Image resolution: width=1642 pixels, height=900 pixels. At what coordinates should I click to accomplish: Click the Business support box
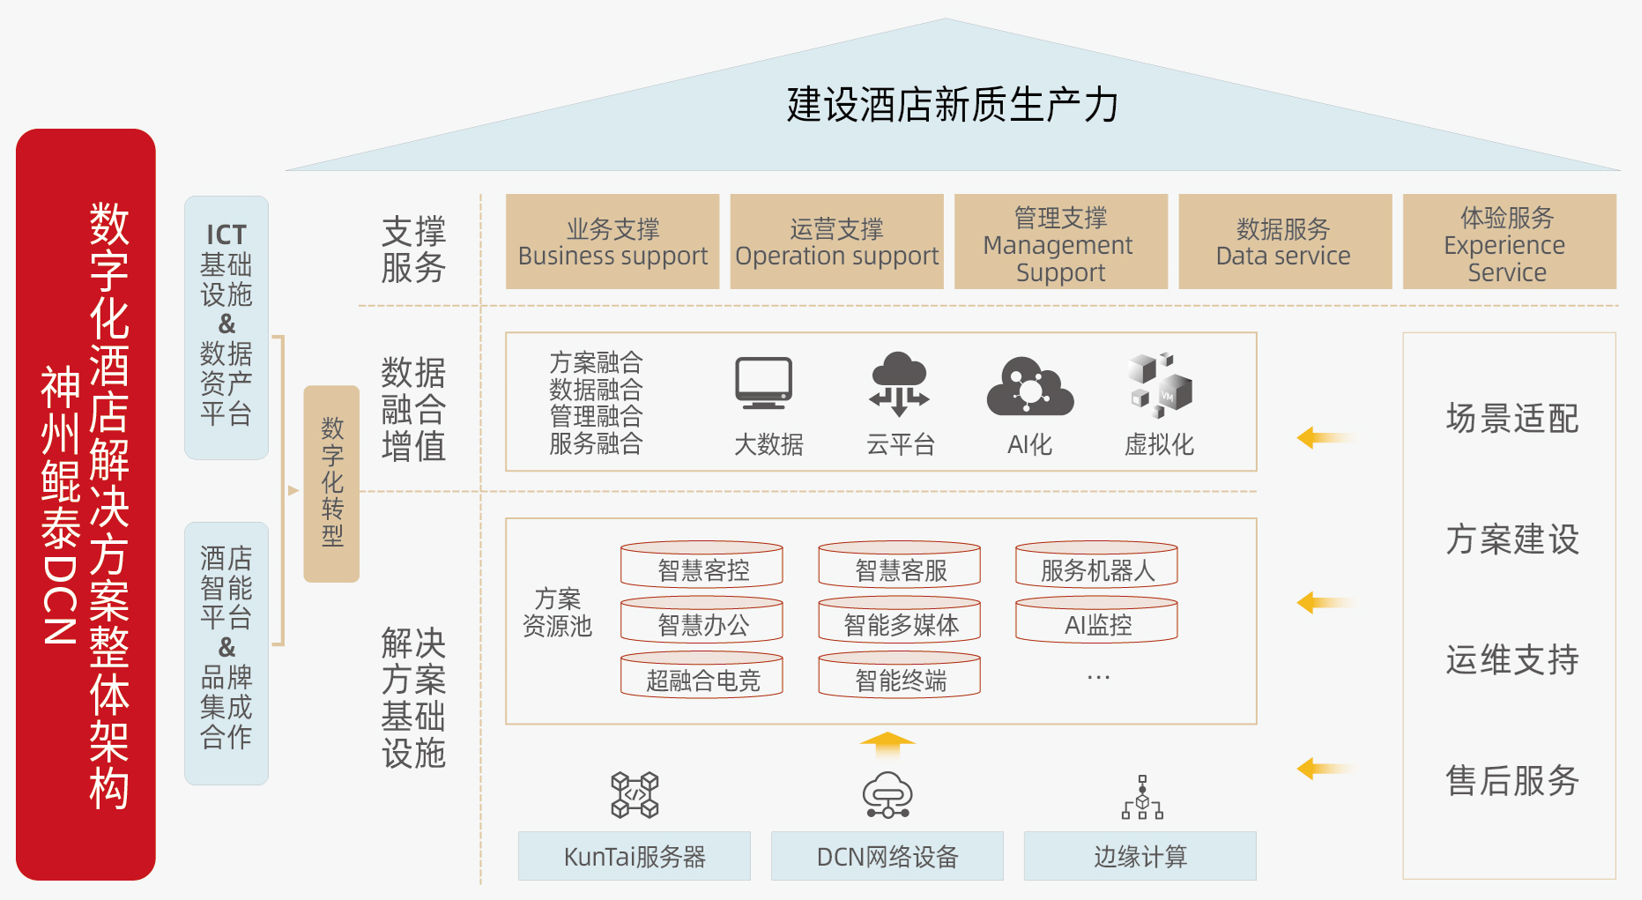pos(613,242)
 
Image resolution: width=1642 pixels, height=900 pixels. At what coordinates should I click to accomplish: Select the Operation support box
pos(836,242)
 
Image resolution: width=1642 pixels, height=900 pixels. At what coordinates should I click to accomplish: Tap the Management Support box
pos(1060,242)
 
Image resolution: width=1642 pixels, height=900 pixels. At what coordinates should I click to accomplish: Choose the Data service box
pos(1284,242)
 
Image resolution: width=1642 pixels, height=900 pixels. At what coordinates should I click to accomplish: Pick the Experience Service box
pos(1509,242)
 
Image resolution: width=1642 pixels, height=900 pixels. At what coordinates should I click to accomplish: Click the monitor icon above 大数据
pos(764,383)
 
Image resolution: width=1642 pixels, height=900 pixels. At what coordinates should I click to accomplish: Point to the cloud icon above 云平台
pos(899,383)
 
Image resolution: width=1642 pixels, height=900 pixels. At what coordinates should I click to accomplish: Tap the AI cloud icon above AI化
pos(1029,385)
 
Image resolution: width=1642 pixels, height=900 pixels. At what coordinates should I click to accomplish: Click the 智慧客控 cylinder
pos(702,565)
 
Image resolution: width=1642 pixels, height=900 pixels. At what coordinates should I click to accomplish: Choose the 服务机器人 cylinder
pos(1096,565)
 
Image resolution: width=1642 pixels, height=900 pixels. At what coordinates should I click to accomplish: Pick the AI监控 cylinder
pos(1096,621)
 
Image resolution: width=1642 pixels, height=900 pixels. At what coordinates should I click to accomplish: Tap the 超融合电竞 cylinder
pos(702,675)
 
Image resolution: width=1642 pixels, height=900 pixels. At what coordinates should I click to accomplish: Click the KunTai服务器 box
pos(634,856)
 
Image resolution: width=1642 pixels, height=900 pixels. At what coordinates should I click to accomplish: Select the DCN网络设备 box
pos(887,856)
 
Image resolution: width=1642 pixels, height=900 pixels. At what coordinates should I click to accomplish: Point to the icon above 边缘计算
pos(1142,797)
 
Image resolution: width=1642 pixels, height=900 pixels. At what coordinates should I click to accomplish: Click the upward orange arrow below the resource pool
pos(888,744)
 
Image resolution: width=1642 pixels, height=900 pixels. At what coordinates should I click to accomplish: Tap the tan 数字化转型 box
pos(331,483)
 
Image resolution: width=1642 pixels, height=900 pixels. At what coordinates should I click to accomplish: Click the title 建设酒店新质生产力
pos(952,105)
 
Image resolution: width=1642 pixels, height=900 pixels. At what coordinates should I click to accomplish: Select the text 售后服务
pos(1512,780)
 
